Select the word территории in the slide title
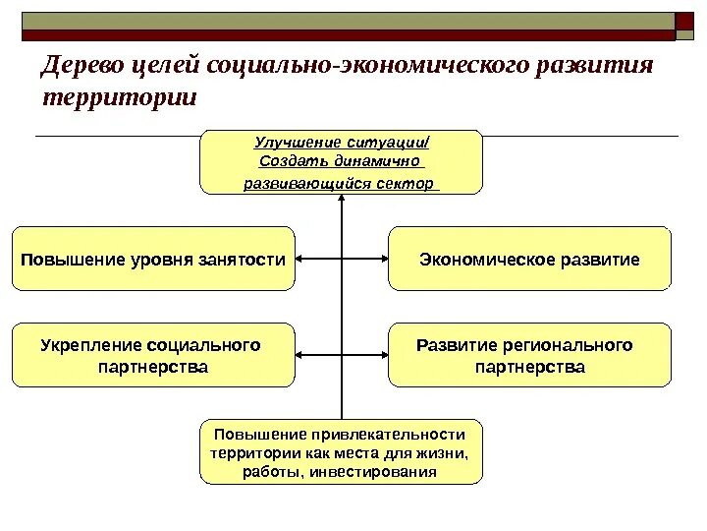click(120, 99)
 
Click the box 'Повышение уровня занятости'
click(153, 260)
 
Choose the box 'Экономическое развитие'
click(529, 260)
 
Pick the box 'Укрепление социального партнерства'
click(153, 356)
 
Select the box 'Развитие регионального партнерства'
click(529, 356)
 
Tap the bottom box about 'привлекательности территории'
click(341, 453)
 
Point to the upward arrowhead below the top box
click(341, 198)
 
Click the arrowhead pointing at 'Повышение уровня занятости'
click(300, 260)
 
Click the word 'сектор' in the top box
click(411, 183)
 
